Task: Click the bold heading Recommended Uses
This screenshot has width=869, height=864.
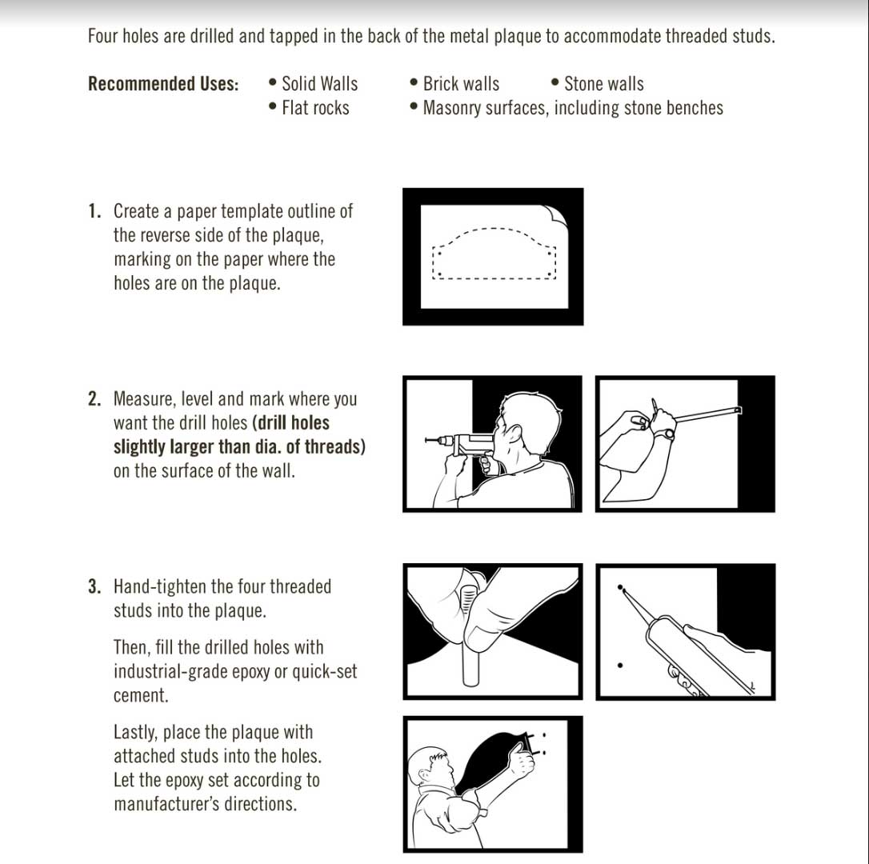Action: click(163, 84)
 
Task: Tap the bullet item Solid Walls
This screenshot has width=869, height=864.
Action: click(319, 84)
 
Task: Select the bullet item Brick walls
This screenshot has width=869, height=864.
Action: click(460, 84)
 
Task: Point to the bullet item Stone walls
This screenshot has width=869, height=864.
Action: click(603, 84)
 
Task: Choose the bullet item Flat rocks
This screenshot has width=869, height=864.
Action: click(315, 108)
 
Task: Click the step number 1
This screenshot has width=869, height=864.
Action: click(94, 212)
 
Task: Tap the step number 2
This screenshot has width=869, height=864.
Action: click(94, 399)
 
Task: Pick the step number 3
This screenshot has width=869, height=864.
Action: click(94, 587)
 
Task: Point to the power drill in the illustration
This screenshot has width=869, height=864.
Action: click(460, 443)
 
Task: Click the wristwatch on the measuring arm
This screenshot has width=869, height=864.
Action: click(664, 434)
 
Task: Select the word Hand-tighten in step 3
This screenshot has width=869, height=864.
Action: click(160, 587)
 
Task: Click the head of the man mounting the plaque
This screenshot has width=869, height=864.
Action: click(426, 766)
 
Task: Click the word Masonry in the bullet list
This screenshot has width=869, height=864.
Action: click(454, 108)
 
